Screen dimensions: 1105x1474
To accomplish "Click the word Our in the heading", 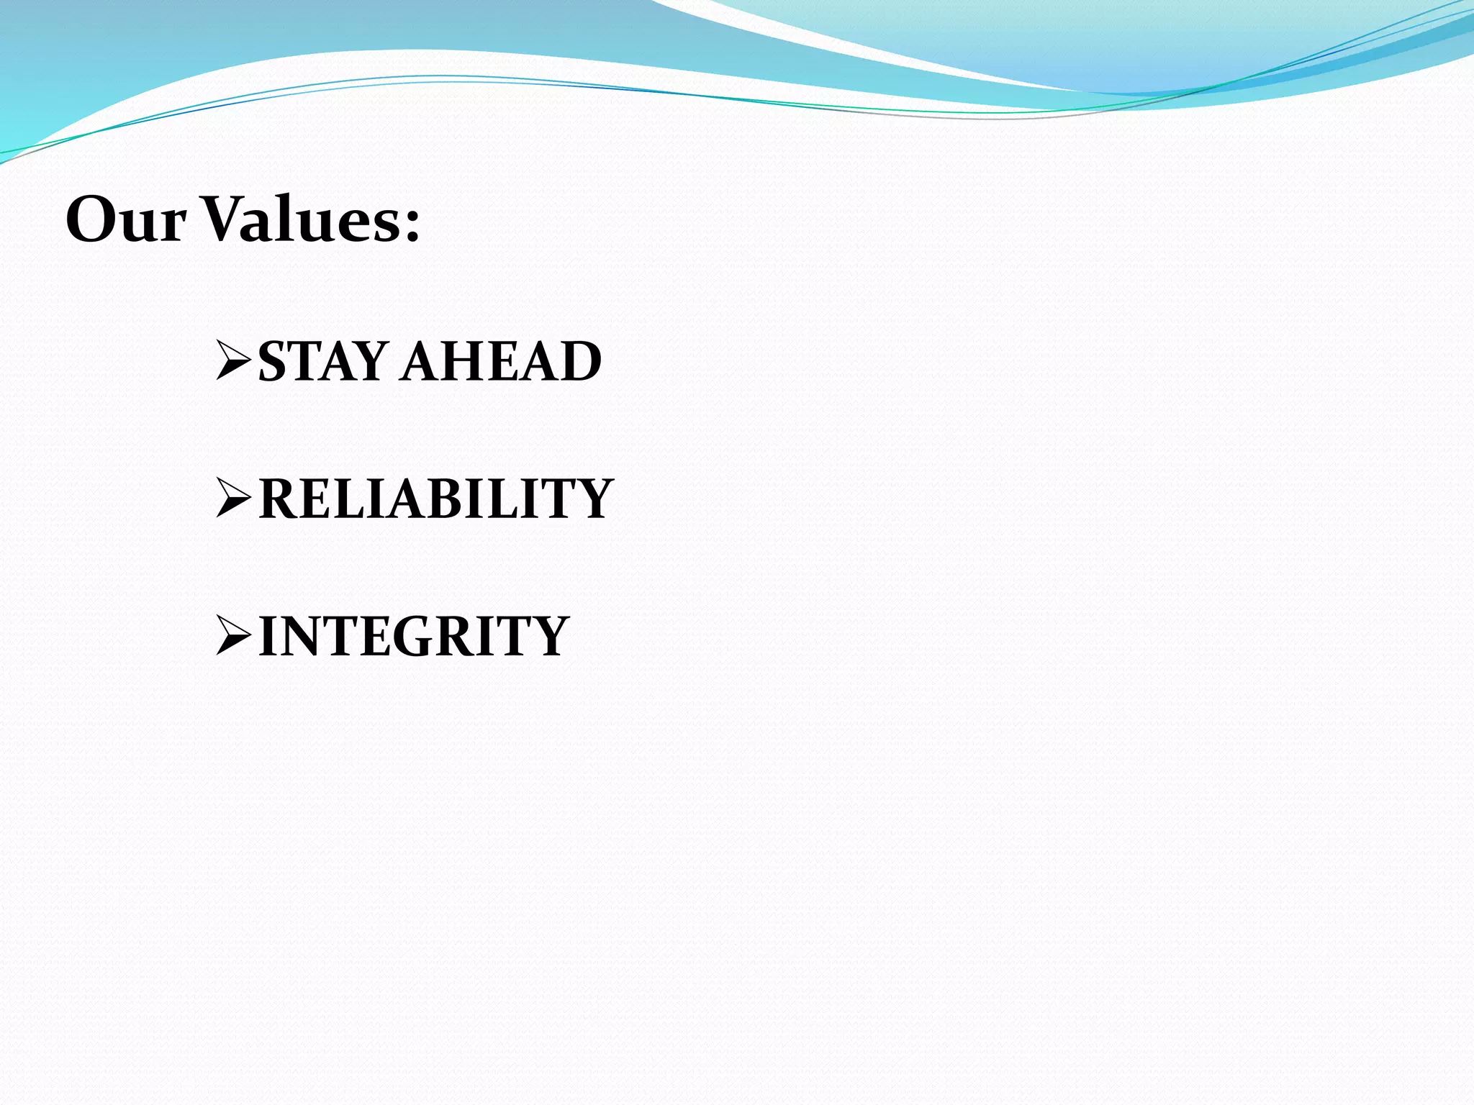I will pos(126,219).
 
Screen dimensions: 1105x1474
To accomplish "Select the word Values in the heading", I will pos(299,219).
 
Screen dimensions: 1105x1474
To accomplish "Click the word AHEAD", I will pos(502,361).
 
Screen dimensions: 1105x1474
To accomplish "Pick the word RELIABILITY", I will pos(435,498).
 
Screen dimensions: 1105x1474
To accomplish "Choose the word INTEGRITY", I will pos(414,636).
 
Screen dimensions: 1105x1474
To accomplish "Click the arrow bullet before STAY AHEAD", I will pos(233,361).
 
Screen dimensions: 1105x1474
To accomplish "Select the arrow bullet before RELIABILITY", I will pos(233,498).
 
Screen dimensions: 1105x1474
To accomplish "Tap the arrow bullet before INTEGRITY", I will pos(233,636).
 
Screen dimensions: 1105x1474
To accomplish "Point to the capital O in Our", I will pos(94,219).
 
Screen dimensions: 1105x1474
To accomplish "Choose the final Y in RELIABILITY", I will pos(592,498).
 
